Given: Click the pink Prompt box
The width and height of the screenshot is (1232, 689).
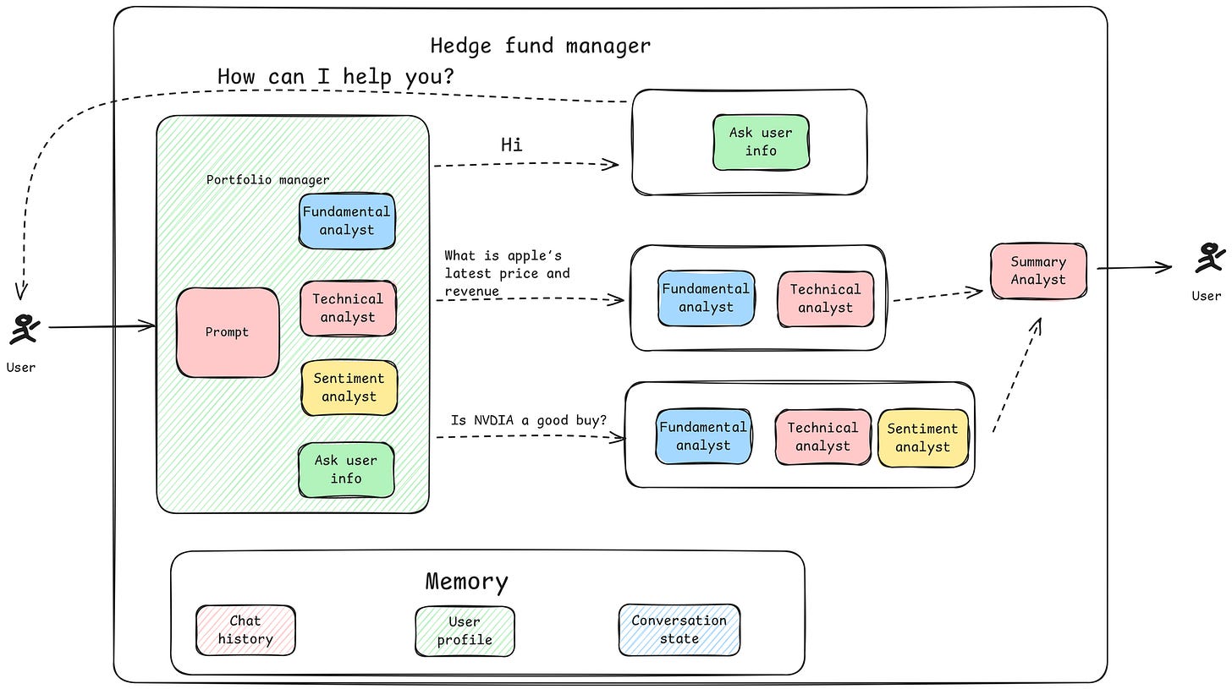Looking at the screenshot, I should click(x=227, y=332).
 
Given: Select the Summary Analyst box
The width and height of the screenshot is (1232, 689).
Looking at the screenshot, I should click(x=1038, y=271).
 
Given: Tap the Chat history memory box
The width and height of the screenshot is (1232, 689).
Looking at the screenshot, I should click(x=245, y=630).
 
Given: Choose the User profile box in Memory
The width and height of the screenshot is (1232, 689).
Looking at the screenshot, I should click(x=465, y=631).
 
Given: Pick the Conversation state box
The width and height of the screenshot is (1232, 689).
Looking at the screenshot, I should click(x=679, y=629).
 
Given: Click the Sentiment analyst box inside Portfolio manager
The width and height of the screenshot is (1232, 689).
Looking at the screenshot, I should click(x=349, y=387).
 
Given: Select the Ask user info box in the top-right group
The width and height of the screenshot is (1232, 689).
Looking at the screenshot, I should click(x=761, y=142).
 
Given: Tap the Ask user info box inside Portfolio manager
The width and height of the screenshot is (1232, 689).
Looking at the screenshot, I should click(x=346, y=469).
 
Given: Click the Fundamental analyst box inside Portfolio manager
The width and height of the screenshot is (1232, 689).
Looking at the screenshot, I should click(x=347, y=221).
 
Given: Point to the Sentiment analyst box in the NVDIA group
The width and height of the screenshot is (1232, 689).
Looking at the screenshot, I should click(x=922, y=438).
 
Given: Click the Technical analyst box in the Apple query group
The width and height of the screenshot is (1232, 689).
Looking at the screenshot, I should click(x=825, y=298).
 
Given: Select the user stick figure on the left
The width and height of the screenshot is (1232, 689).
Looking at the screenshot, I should click(x=23, y=330).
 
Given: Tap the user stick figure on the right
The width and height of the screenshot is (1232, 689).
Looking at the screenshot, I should click(x=1209, y=258).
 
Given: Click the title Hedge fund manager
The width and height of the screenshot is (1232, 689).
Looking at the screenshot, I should click(x=540, y=46).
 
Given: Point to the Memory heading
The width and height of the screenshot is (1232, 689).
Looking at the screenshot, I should click(x=466, y=582).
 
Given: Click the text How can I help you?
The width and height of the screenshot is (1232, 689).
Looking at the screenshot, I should click(x=336, y=76).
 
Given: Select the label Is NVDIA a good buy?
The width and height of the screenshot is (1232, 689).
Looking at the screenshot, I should click(x=528, y=420).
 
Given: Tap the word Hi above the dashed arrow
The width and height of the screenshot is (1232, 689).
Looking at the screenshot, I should click(x=511, y=145).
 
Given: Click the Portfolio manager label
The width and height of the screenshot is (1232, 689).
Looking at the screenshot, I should click(x=267, y=180).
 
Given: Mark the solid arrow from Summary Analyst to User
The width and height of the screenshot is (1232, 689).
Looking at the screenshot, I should click(x=1134, y=269).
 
